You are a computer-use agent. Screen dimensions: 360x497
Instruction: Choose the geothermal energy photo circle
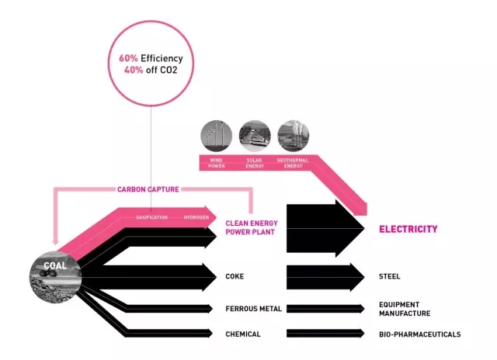point(293,135)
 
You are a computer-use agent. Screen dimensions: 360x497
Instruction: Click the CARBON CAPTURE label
point(150,189)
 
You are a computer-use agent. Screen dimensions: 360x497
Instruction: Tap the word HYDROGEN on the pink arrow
point(196,217)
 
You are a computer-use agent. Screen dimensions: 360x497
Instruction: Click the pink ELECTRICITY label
point(408,230)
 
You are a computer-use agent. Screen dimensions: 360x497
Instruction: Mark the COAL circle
point(54,272)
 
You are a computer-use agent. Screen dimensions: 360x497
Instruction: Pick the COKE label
point(235,276)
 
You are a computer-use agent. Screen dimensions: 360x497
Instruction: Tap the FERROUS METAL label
point(253,309)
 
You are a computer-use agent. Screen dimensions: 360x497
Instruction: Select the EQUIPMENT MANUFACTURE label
point(404,309)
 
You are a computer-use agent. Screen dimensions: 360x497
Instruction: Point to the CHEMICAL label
point(242,334)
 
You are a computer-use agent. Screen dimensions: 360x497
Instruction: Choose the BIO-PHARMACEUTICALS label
point(419,334)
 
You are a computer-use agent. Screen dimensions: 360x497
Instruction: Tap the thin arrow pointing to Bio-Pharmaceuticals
point(325,334)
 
